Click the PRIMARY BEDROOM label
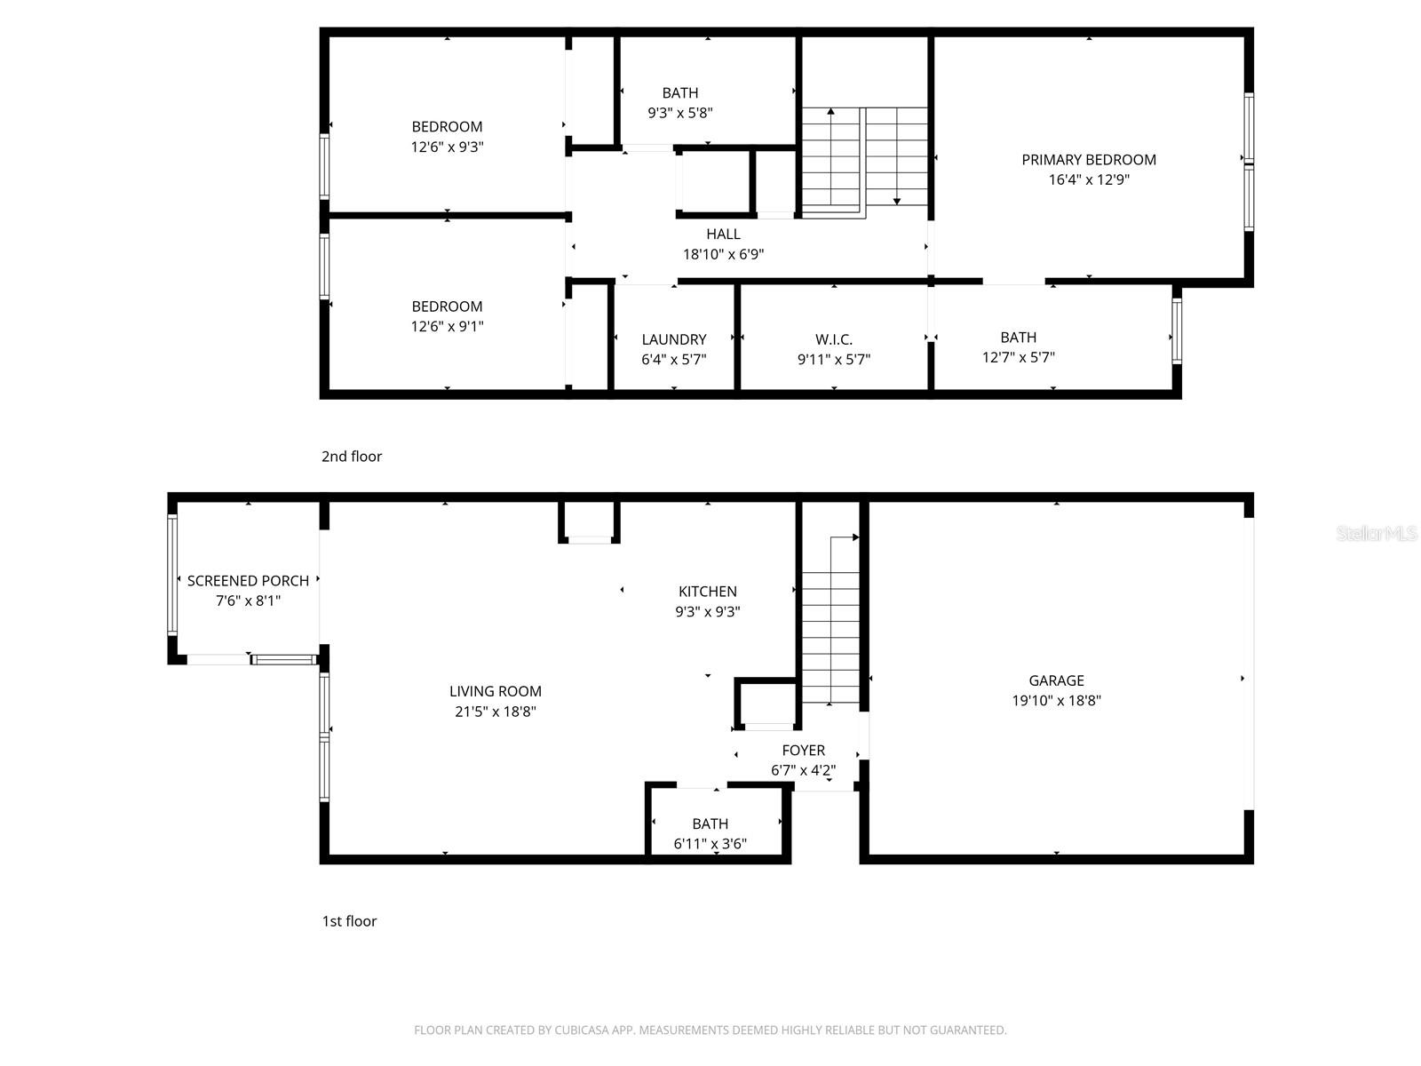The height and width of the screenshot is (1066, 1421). point(1089,160)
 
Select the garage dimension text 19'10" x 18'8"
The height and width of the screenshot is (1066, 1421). point(1056,700)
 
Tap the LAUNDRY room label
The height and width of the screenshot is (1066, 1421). point(674,339)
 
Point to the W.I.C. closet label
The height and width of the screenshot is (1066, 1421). point(833,339)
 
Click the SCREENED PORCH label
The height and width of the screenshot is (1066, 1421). point(248,581)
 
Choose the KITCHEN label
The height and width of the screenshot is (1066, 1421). point(707,592)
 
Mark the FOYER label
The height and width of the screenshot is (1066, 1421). point(803,751)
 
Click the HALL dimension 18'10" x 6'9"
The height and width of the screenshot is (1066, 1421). point(723,254)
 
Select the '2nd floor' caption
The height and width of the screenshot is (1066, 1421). point(352,457)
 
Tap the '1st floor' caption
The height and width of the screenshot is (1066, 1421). point(349,921)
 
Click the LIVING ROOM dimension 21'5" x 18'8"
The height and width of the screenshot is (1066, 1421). point(495,712)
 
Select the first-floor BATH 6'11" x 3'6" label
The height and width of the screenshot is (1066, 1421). point(710,824)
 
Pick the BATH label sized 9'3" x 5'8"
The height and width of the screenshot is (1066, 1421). point(679,93)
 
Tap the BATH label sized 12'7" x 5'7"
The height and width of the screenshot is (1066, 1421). point(1018,338)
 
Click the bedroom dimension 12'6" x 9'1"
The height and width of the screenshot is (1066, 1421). point(447,326)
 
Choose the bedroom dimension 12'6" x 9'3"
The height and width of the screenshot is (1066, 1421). point(447,147)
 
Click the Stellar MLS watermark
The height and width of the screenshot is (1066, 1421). point(1377,534)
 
